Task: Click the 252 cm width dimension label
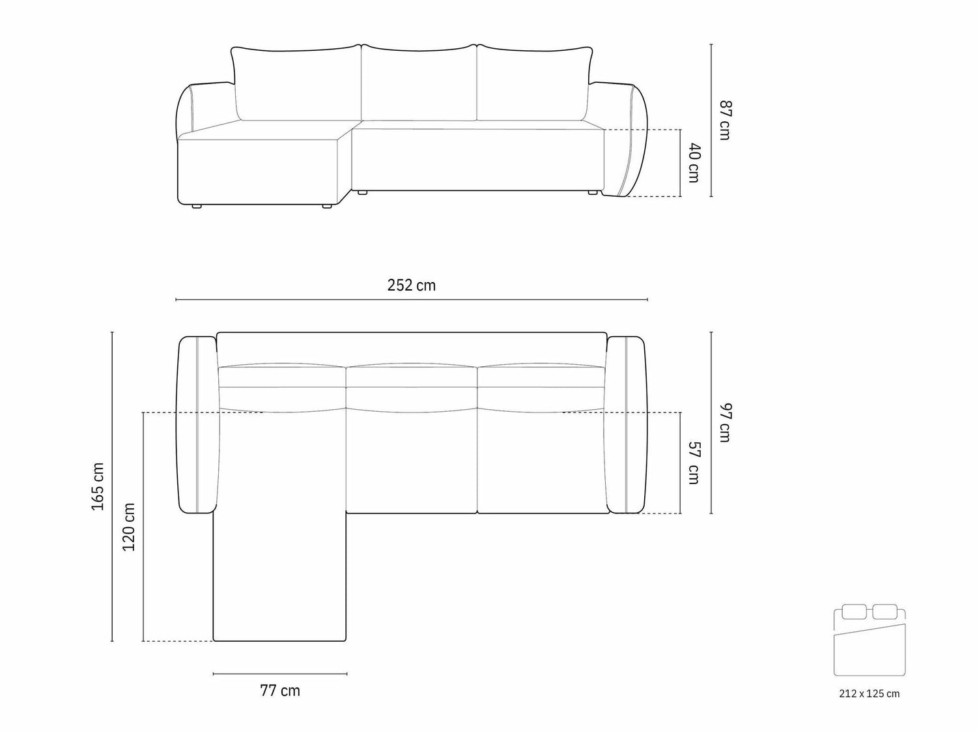[x=411, y=285]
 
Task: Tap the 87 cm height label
[x=725, y=121]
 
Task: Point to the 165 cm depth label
[x=98, y=487]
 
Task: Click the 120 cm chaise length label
[x=128, y=527]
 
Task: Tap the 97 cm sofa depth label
[x=725, y=422]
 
